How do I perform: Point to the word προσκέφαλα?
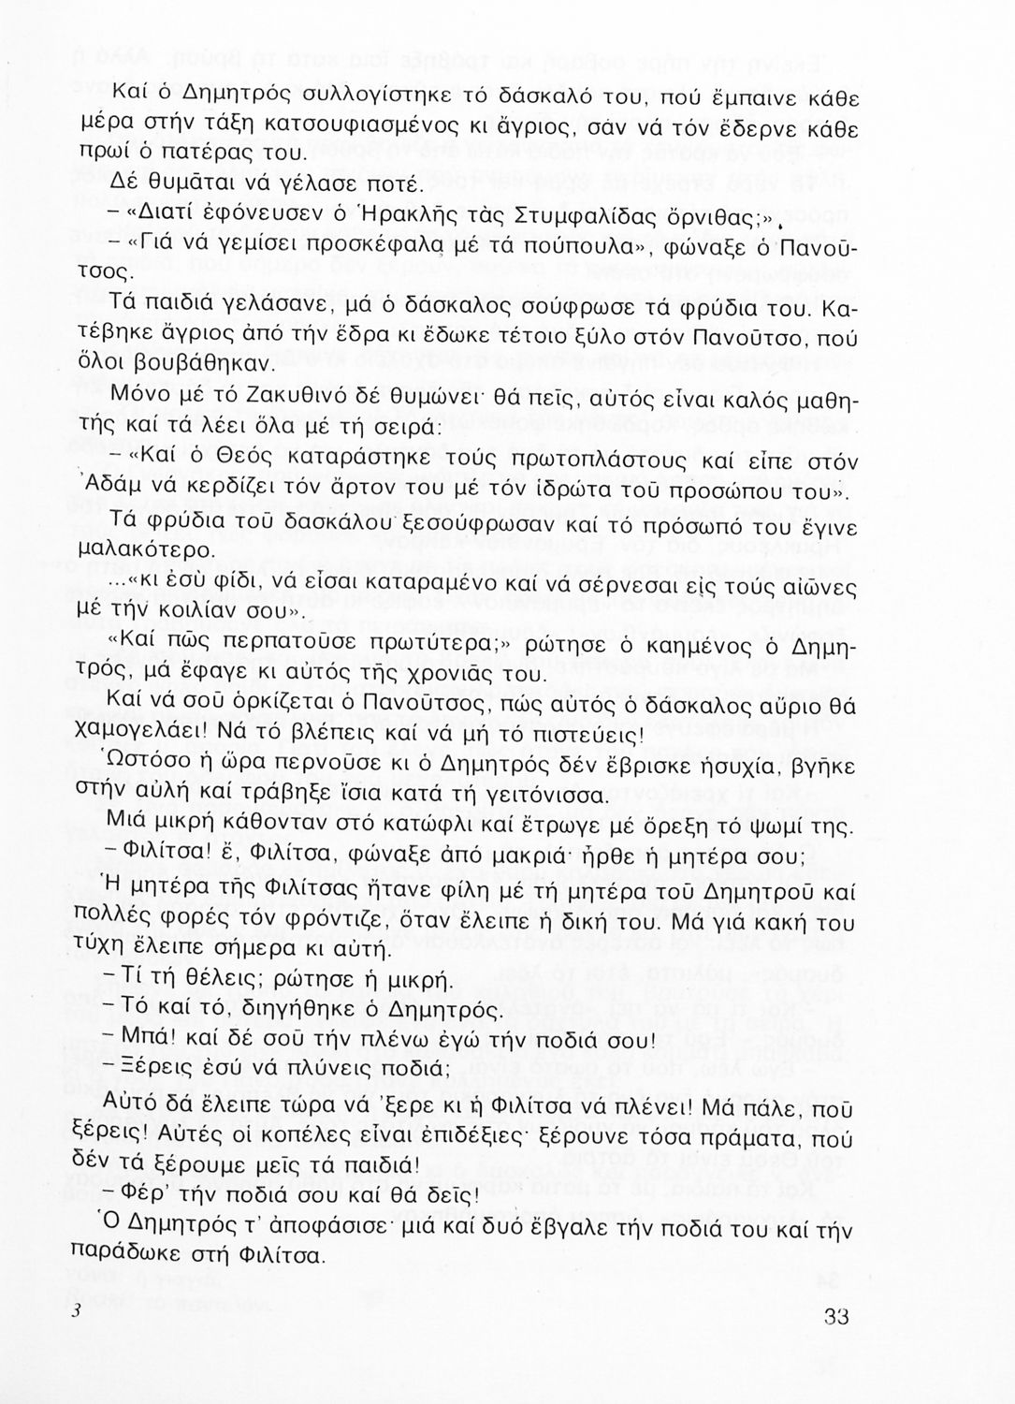(x=385, y=249)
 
